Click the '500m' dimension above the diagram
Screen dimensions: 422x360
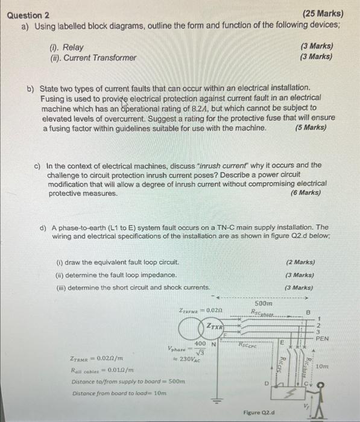point(263,304)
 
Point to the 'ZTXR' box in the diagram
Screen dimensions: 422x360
point(215,326)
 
